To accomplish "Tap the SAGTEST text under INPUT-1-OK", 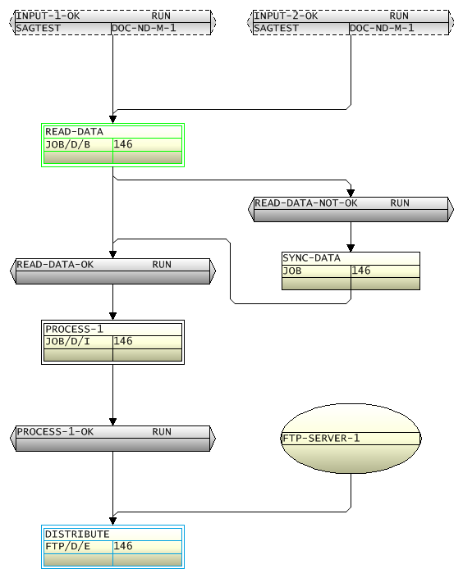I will pos(39,28).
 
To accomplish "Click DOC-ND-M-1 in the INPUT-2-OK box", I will pos(382,28).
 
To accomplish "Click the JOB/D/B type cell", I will pos(67,144).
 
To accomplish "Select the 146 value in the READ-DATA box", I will pos(123,144).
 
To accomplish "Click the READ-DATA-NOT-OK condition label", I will pos(306,203).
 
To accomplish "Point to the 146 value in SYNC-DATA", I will pos(361,271).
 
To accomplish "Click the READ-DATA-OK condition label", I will pos(55,265).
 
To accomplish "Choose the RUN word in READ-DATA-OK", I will pos(162,265).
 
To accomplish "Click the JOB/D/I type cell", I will pos(67,341).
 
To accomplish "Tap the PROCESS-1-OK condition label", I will pos(55,432).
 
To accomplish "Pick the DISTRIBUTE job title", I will pos(77,534).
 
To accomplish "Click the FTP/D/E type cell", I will pos(67,546).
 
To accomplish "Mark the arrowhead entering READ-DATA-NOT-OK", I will pos(351,192).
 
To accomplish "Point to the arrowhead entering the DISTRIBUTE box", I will pos(113,520).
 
